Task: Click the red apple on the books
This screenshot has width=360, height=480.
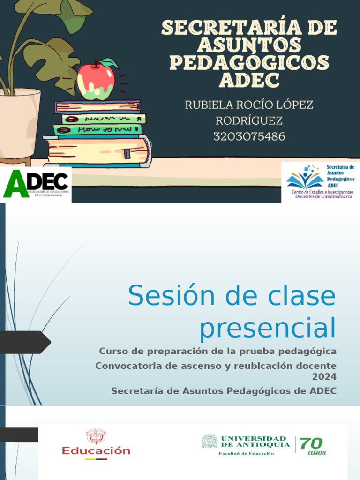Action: tap(96, 82)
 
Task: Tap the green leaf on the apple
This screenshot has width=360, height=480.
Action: tap(109, 63)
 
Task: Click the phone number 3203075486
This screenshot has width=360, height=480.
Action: tap(249, 136)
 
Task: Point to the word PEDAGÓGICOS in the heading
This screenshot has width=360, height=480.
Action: tap(249, 63)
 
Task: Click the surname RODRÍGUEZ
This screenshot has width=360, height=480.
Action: tap(249, 120)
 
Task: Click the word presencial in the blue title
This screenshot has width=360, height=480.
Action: tap(268, 328)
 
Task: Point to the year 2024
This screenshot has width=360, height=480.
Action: tap(324, 376)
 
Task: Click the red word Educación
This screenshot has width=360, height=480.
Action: tap(96, 451)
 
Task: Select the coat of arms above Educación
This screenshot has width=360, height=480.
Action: tap(96, 436)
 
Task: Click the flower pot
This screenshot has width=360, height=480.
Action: tap(19, 122)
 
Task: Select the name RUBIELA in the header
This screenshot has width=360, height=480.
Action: tap(210, 105)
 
